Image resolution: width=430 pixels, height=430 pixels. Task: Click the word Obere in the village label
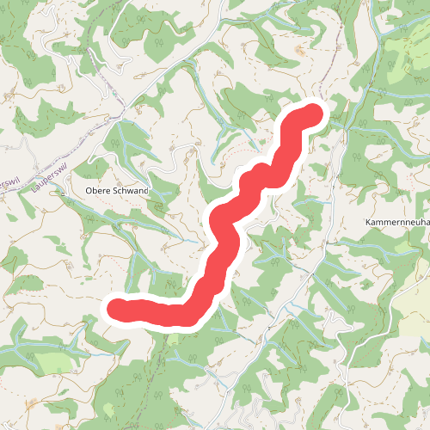coord(99,190)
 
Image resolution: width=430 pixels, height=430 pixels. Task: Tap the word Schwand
coord(131,190)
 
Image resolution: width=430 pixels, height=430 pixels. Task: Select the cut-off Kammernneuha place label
coord(396,222)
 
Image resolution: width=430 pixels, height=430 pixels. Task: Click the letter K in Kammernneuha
coord(368,222)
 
